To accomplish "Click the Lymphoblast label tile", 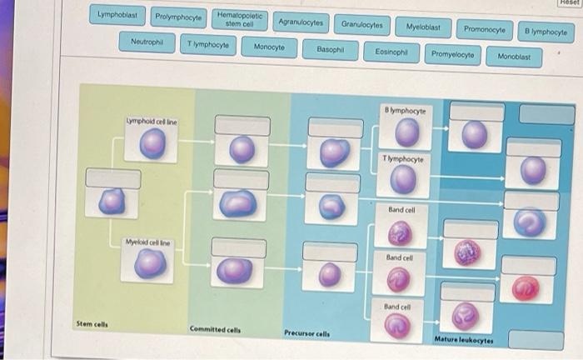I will coord(117,15).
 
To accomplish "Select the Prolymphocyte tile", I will coord(178,17).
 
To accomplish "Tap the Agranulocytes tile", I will coord(301,22).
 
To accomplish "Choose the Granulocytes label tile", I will coord(362,25).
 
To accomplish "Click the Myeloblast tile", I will coord(424,27).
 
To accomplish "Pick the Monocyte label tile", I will coord(269,47).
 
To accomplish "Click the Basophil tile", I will coord(330,49).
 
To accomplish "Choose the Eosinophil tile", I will coord(391,52).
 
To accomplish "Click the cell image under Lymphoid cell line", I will coord(151,147).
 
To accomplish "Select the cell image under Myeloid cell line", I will coord(151,264).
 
